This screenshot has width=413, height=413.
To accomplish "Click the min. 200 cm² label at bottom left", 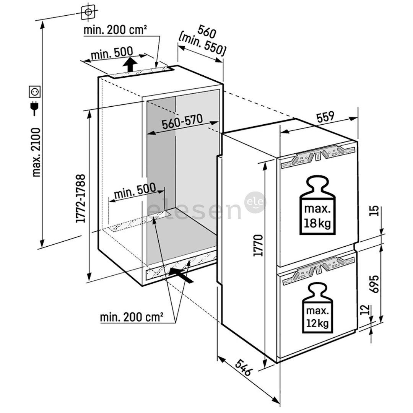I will (x=132, y=317).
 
